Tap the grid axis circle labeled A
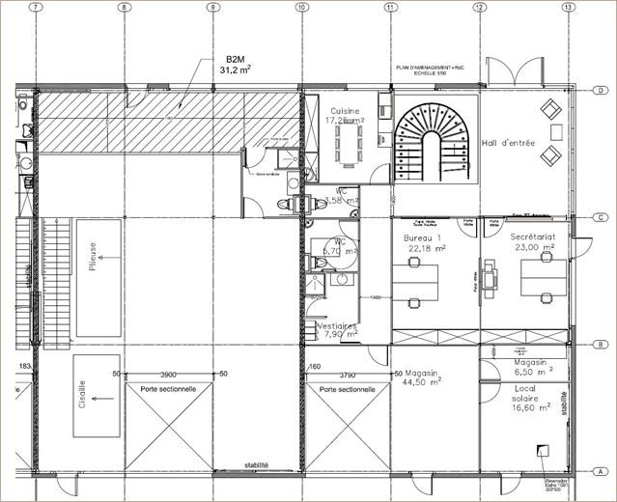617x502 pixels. [x=601, y=472]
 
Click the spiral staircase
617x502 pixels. [x=430, y=139]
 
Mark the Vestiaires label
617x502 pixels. [x=336, y=331]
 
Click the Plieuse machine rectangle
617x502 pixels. [x=98, y=278]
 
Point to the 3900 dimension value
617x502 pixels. [x=168, y=374]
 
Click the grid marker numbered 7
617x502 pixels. [x=36, y=7]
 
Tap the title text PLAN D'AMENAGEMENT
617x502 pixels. [x=431, y=67]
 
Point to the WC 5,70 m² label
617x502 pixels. [x=340, y=246]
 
